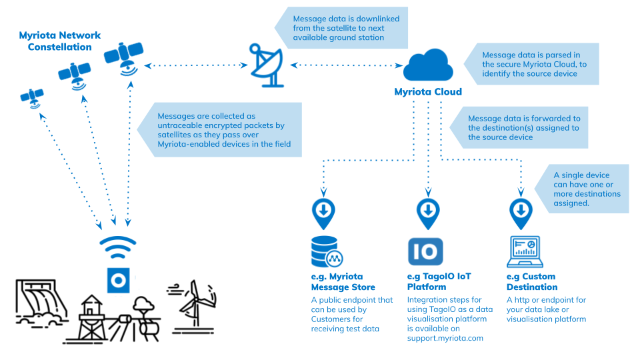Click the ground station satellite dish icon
[x=267, y=65]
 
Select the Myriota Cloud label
[x=428, y=92]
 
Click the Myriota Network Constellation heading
[x=59, y=41]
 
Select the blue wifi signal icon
[x=117, y=248]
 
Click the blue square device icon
[x=117, y=281]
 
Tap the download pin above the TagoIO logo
[x=427, y=212]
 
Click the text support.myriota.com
[x=445, y=338]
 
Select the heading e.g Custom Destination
[x=531, y=281]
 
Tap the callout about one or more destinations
[x=587, y=189]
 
